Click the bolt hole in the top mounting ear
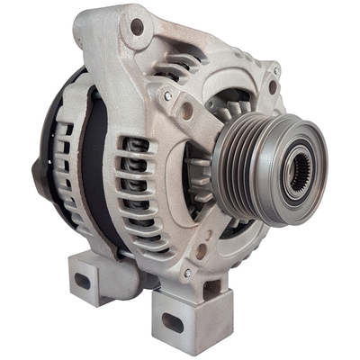(x=137, y=27)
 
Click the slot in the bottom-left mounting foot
(x=83, y=280)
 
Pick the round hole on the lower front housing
(x=202, y=251)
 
